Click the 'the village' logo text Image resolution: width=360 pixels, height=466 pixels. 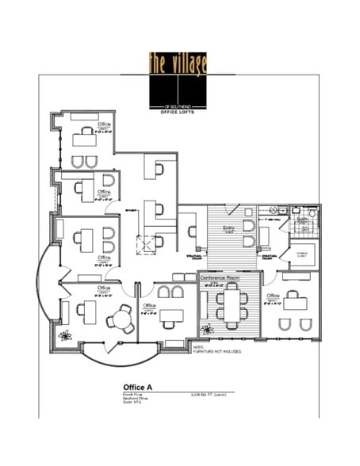click(x=177, y=63)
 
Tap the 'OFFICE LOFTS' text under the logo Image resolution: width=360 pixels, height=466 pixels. click(x=177, y=111)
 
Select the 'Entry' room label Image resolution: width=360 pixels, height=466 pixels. click(x=228, y=229)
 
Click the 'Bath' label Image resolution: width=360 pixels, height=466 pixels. click(x=301, y=220)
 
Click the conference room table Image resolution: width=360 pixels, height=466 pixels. click(x=231, y=306)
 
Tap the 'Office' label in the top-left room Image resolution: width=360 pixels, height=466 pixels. click(x=103, y=125)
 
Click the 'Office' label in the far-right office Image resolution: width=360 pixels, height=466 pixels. click(x=273, y=296)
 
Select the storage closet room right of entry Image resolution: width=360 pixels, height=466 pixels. click(x=301, y=255)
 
